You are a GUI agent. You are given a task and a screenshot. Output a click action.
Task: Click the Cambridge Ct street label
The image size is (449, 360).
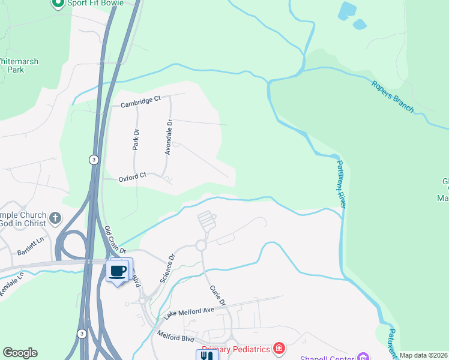140,103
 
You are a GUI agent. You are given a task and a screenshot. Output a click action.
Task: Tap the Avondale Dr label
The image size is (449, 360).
169,137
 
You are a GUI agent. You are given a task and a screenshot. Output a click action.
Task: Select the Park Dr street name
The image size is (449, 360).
136,139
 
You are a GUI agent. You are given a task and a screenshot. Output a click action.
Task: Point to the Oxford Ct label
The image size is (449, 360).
133,177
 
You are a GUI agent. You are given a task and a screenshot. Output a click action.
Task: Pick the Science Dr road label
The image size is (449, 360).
167,268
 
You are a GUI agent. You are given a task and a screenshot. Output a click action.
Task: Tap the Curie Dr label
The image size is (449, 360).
217,295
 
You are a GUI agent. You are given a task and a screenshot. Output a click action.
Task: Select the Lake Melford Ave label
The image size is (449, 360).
188,313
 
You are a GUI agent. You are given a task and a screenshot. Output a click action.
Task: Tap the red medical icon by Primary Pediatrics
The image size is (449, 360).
279,348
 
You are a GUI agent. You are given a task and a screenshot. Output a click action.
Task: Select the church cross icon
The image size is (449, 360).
55,217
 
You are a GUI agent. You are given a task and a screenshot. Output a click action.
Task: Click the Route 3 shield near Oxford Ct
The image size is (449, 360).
94,160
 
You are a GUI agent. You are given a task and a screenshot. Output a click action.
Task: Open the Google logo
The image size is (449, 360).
20,353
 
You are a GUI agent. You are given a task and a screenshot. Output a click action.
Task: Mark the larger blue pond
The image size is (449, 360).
347,10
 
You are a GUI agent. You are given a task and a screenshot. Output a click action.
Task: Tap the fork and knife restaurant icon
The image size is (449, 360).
205,355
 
